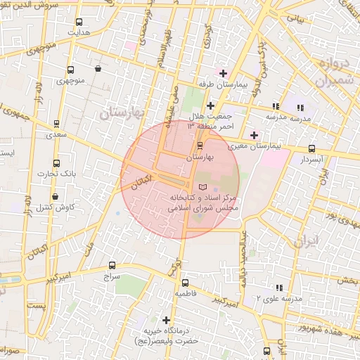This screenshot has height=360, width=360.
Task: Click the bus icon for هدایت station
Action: coord(77,22)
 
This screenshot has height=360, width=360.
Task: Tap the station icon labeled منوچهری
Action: coord(70,70)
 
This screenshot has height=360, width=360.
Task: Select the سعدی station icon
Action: coord(56,123)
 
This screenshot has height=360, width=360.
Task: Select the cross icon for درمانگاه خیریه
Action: coord(167,320)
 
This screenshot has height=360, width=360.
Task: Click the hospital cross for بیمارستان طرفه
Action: coord(224,73)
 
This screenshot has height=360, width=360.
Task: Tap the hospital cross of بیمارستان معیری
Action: coord(254,134)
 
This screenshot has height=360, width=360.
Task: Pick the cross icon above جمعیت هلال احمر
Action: coord(210,105)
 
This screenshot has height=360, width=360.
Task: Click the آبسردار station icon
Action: coord(311,149)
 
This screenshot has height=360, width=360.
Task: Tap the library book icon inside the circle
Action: coord(203,187)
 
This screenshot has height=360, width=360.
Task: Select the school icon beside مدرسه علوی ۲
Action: coord(280,288)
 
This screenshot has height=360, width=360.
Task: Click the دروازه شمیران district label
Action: coord(327,72)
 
